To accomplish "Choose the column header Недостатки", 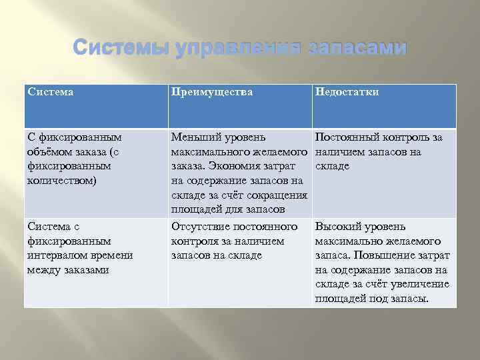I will [x=347, y=92].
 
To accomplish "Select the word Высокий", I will [x=336, y=227].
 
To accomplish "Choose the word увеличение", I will [x=422, y=284].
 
